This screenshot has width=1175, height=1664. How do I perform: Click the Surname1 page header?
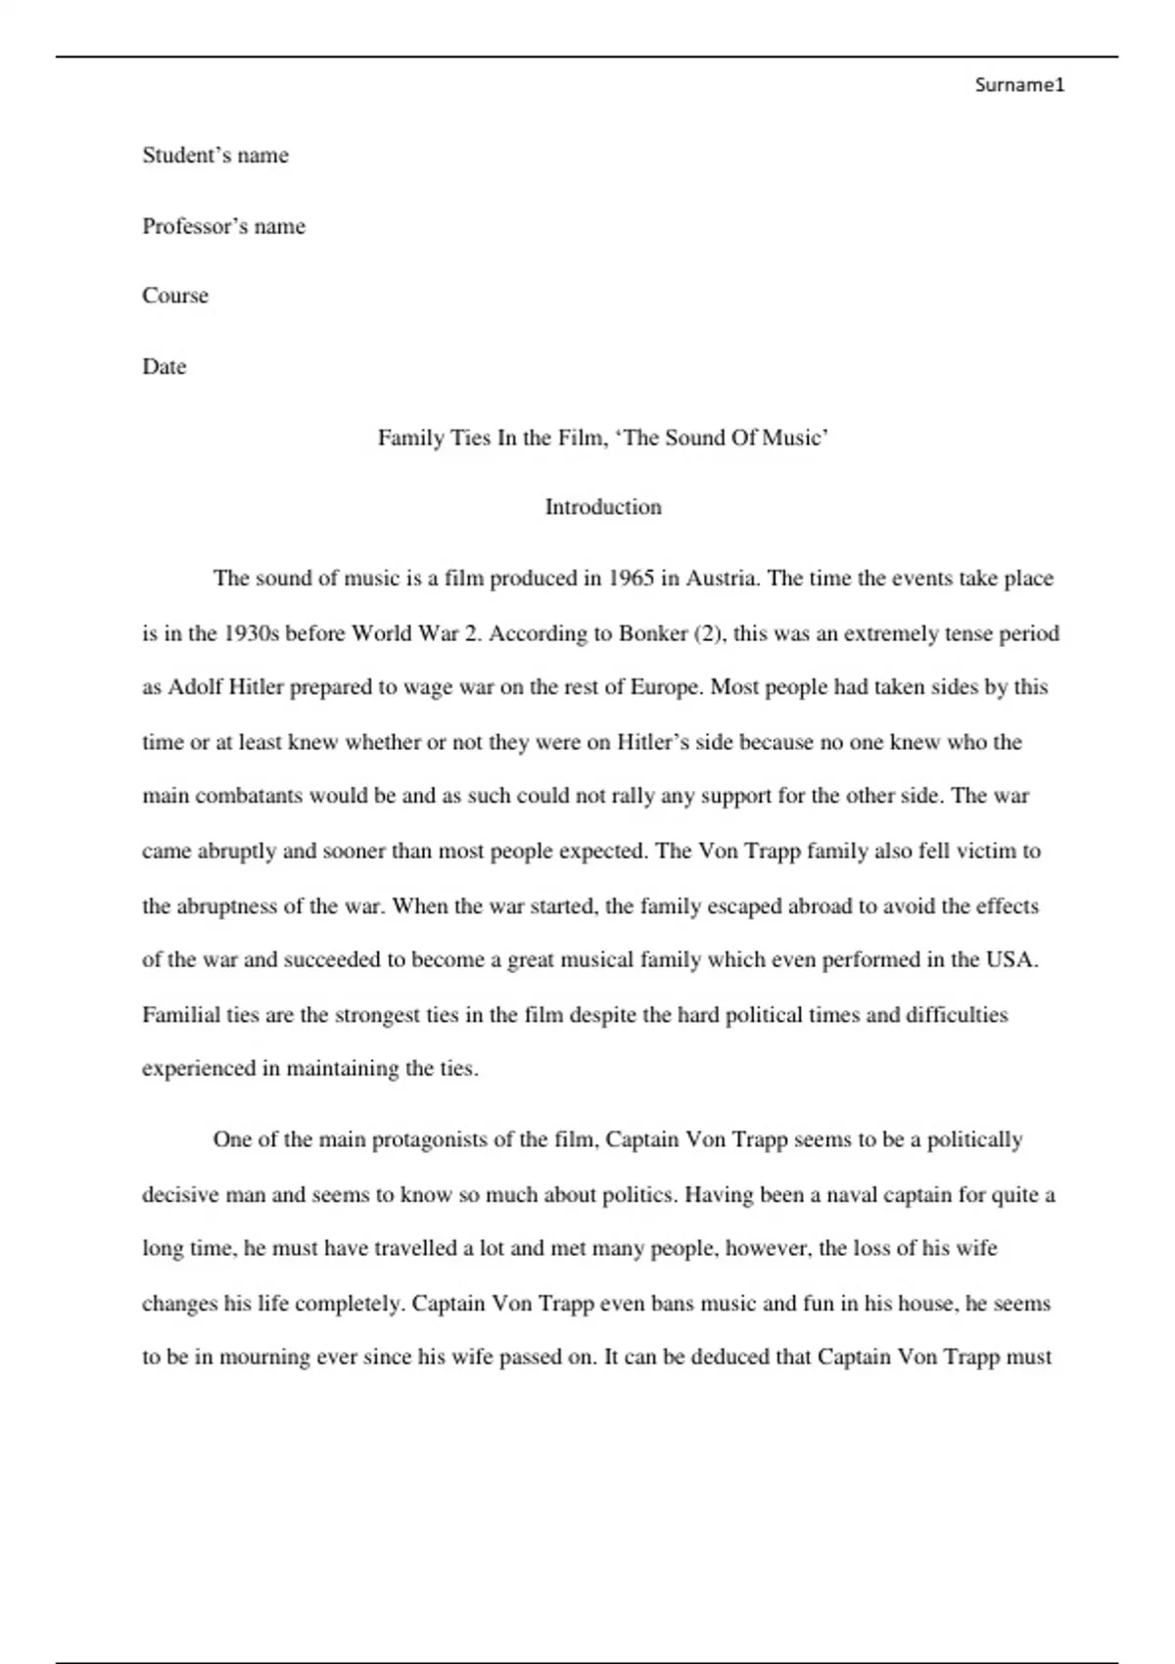1018,85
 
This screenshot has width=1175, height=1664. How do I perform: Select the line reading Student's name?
215,156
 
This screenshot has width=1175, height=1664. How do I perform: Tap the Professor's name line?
223,227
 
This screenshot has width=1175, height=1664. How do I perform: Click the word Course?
175,296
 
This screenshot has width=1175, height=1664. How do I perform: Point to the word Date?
164,367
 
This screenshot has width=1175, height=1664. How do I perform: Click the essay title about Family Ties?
603,438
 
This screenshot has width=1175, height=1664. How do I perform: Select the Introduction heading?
603,507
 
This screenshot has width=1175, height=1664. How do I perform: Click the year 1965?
631,578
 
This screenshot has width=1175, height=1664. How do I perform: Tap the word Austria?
721,578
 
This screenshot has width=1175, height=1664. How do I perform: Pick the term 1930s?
252,633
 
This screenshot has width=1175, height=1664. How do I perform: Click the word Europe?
665,687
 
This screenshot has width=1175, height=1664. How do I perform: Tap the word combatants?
249,796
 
